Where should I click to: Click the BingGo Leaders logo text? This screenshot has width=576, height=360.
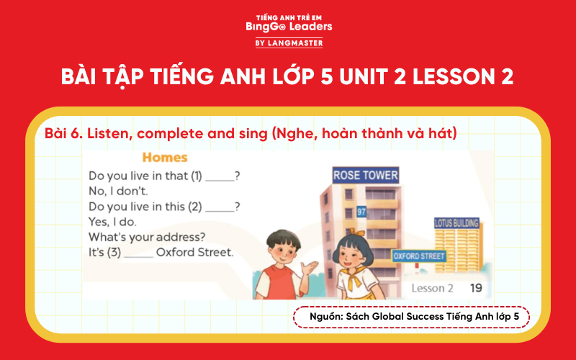point(288,27)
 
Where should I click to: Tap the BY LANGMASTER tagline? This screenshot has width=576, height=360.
point(288,43)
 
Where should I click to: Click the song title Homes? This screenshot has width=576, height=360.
point(165,157)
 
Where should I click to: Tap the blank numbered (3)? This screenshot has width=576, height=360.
point(138,253)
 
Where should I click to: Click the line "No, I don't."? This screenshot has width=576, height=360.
point(118,192)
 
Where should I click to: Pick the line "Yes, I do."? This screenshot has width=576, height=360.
point(112,222)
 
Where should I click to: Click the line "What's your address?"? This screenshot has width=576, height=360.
point(147,237)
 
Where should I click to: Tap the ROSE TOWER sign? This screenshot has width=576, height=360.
point(366,175)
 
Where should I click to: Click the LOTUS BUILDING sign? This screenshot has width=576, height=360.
point(456,223)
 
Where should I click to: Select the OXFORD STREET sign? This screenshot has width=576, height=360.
point(419,256)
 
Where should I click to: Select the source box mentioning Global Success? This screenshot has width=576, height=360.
point(411,317)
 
